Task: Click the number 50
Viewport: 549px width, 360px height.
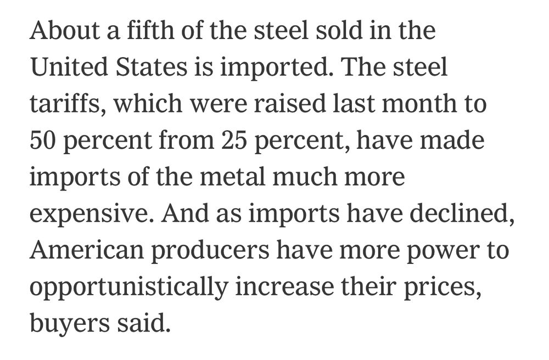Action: [x=43, y=140]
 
